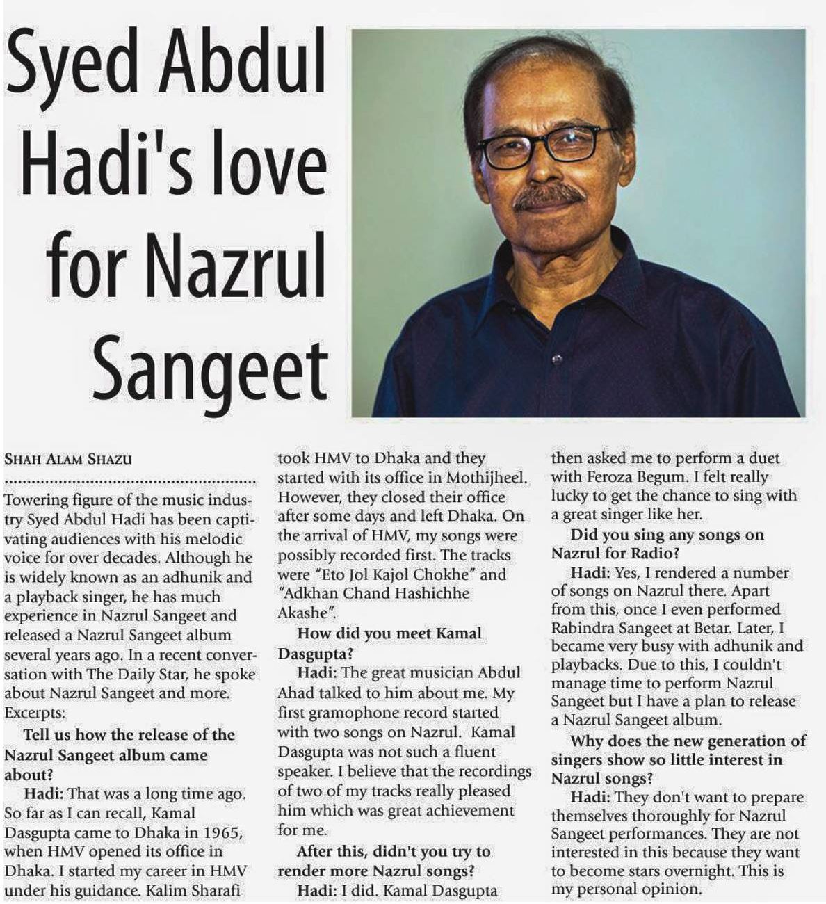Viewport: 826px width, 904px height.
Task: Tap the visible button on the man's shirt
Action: [x=556, y=359]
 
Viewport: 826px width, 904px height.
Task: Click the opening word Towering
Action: [x=35, y=500]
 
